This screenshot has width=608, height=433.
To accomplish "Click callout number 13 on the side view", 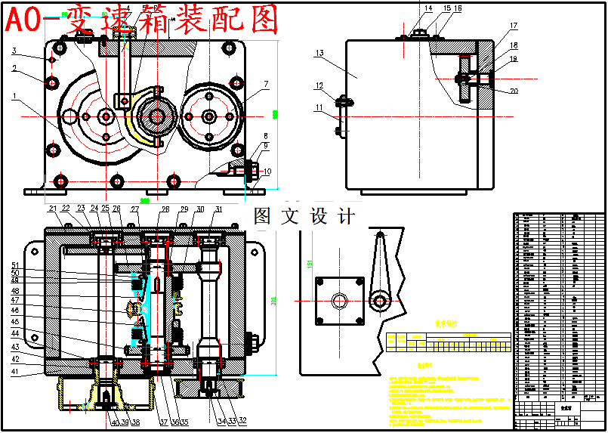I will (x=319, y=54).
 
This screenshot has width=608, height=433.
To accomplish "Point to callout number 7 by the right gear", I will (x=267, y=84).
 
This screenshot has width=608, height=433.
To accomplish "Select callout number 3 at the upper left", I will (x=14, y=51).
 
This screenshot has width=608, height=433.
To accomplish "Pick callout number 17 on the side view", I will (x=514, y=26).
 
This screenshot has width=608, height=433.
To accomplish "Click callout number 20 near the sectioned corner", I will (x=514, y=91).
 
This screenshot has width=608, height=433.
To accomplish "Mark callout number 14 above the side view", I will (x=428, y=9).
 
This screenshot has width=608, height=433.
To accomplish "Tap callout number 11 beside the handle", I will (x=319, y=107).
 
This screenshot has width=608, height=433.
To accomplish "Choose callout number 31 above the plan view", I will (x=218, y=209).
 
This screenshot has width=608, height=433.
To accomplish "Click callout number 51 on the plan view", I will (x=14, y=264).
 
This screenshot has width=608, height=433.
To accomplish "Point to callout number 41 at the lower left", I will (x=14, y=371).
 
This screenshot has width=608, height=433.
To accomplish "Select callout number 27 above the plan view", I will (x=135, y=209).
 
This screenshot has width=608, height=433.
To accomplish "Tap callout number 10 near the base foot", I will (x=267, y=172).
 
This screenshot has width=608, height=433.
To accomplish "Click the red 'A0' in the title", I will (x=20, y=20).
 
